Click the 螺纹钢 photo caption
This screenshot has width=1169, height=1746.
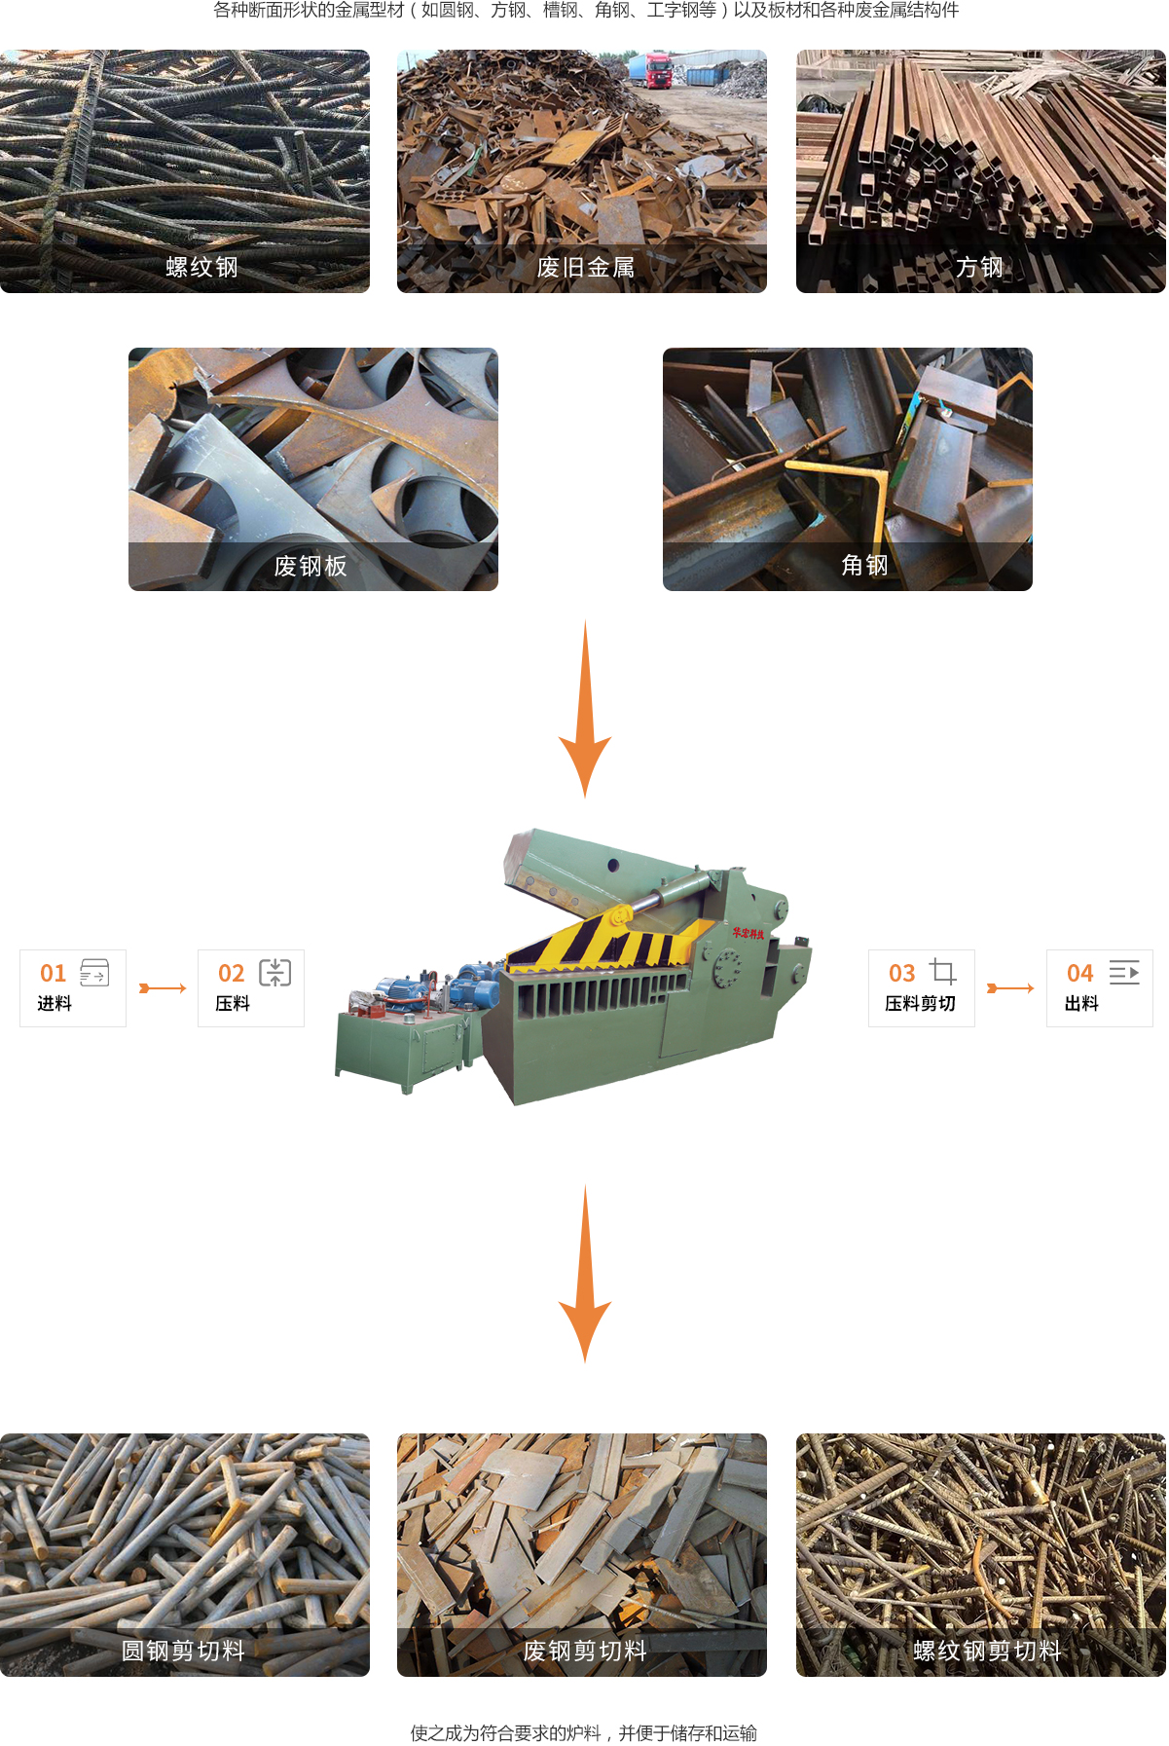point(201,267)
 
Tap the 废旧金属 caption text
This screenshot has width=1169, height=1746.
point(586,267)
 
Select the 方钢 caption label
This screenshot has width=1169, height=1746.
point(979,267)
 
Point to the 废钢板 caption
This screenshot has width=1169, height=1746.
point(311,566)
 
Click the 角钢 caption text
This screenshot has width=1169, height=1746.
point(864,565)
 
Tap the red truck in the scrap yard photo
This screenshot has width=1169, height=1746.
point(649,69)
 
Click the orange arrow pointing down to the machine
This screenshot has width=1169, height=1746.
point(585,709)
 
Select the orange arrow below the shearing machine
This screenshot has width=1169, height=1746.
point(585,1274)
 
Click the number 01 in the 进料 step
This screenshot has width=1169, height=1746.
point(53,973)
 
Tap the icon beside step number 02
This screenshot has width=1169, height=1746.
point(275,972)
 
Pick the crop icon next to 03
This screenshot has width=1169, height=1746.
point(943,971)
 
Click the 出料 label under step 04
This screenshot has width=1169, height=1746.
point(1081,1003)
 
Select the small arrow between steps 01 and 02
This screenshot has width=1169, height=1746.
point(163,988)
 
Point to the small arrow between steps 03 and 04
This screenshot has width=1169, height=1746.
point(1010,988)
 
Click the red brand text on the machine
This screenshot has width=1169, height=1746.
point(749,934)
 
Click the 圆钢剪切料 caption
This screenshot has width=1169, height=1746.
point(183,1651)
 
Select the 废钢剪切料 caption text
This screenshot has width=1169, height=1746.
point(585,1651)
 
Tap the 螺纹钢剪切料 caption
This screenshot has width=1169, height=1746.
point(987,1651)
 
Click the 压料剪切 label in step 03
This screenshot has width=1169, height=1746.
point(920,1003)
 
